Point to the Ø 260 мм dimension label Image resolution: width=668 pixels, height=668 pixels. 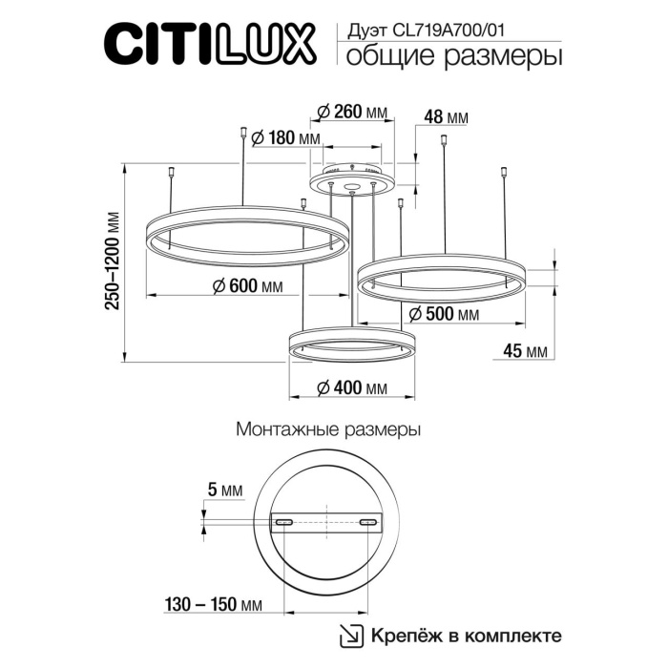tap(351, 113)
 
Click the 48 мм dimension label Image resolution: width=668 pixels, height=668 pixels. tap(446, 117)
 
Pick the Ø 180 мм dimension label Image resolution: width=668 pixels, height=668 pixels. tap(287, 138)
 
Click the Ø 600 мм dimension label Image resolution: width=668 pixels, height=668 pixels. tap(242, 285)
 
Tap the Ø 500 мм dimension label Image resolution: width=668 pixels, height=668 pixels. tap(442, 314)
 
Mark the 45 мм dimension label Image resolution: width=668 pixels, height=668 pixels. tap(524, 351)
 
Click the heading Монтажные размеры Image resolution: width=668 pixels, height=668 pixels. tap(328, 430)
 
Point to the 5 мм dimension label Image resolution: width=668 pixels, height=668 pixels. tap(225, 491)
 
